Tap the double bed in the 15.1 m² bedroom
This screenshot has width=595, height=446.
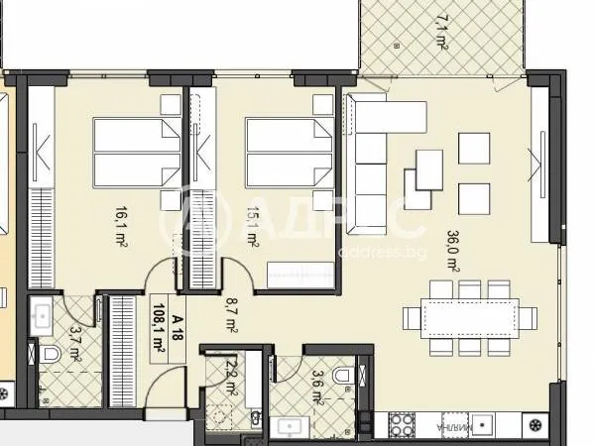289,152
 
